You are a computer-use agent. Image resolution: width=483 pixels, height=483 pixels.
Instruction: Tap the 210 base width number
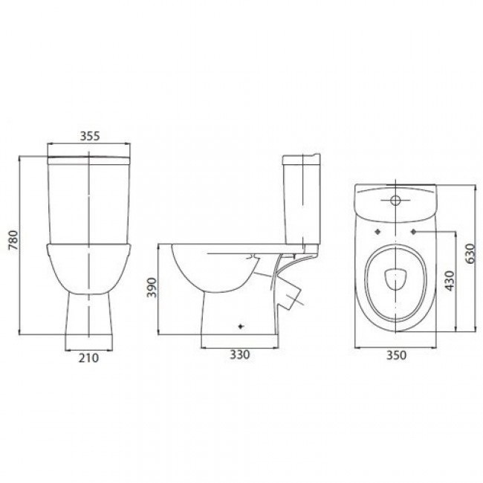tap(88, 357)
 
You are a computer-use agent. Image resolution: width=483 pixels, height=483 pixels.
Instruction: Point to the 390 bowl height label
tap(152, 288)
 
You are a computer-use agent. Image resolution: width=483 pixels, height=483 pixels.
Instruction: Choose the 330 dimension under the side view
tap(239, 354)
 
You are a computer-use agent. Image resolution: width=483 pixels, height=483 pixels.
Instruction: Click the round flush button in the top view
tap(395, 201)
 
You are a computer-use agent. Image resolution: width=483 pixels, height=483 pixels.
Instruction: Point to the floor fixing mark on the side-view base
tap(239, 326)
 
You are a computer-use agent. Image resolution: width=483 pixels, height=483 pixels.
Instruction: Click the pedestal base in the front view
tap(88, 320)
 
